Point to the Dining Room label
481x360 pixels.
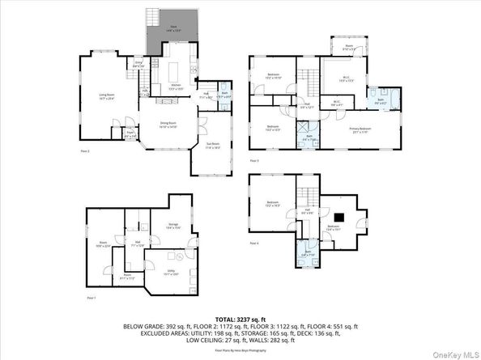point(168,125)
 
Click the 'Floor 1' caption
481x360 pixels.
point(91,298)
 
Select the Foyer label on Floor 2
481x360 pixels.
point(130,135)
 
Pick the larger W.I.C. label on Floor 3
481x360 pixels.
point(343,78)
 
